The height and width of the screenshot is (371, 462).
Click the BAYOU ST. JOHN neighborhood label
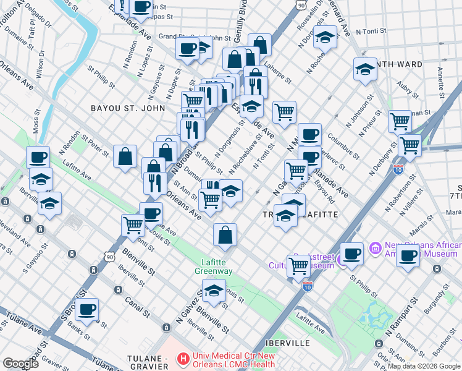pyautogui.click(x=128, y=108)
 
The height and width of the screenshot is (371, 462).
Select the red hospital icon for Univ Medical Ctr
pyautogui.click(x=183, y=358)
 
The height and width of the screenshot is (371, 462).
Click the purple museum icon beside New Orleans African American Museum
pyautogui.click(x=374, y=249)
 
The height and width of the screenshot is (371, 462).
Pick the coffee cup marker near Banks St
pyautogui.click(x=87, y=309)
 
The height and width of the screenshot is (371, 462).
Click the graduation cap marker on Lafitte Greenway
pyautogui.click(x=214, y=290)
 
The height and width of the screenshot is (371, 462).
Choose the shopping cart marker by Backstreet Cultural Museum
pyautogui.click(x=299, y=266)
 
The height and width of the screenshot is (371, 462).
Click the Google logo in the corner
pyautogui.click(x=20, y=364)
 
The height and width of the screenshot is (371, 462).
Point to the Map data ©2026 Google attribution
pyautogui.click(x=424, y=366)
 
